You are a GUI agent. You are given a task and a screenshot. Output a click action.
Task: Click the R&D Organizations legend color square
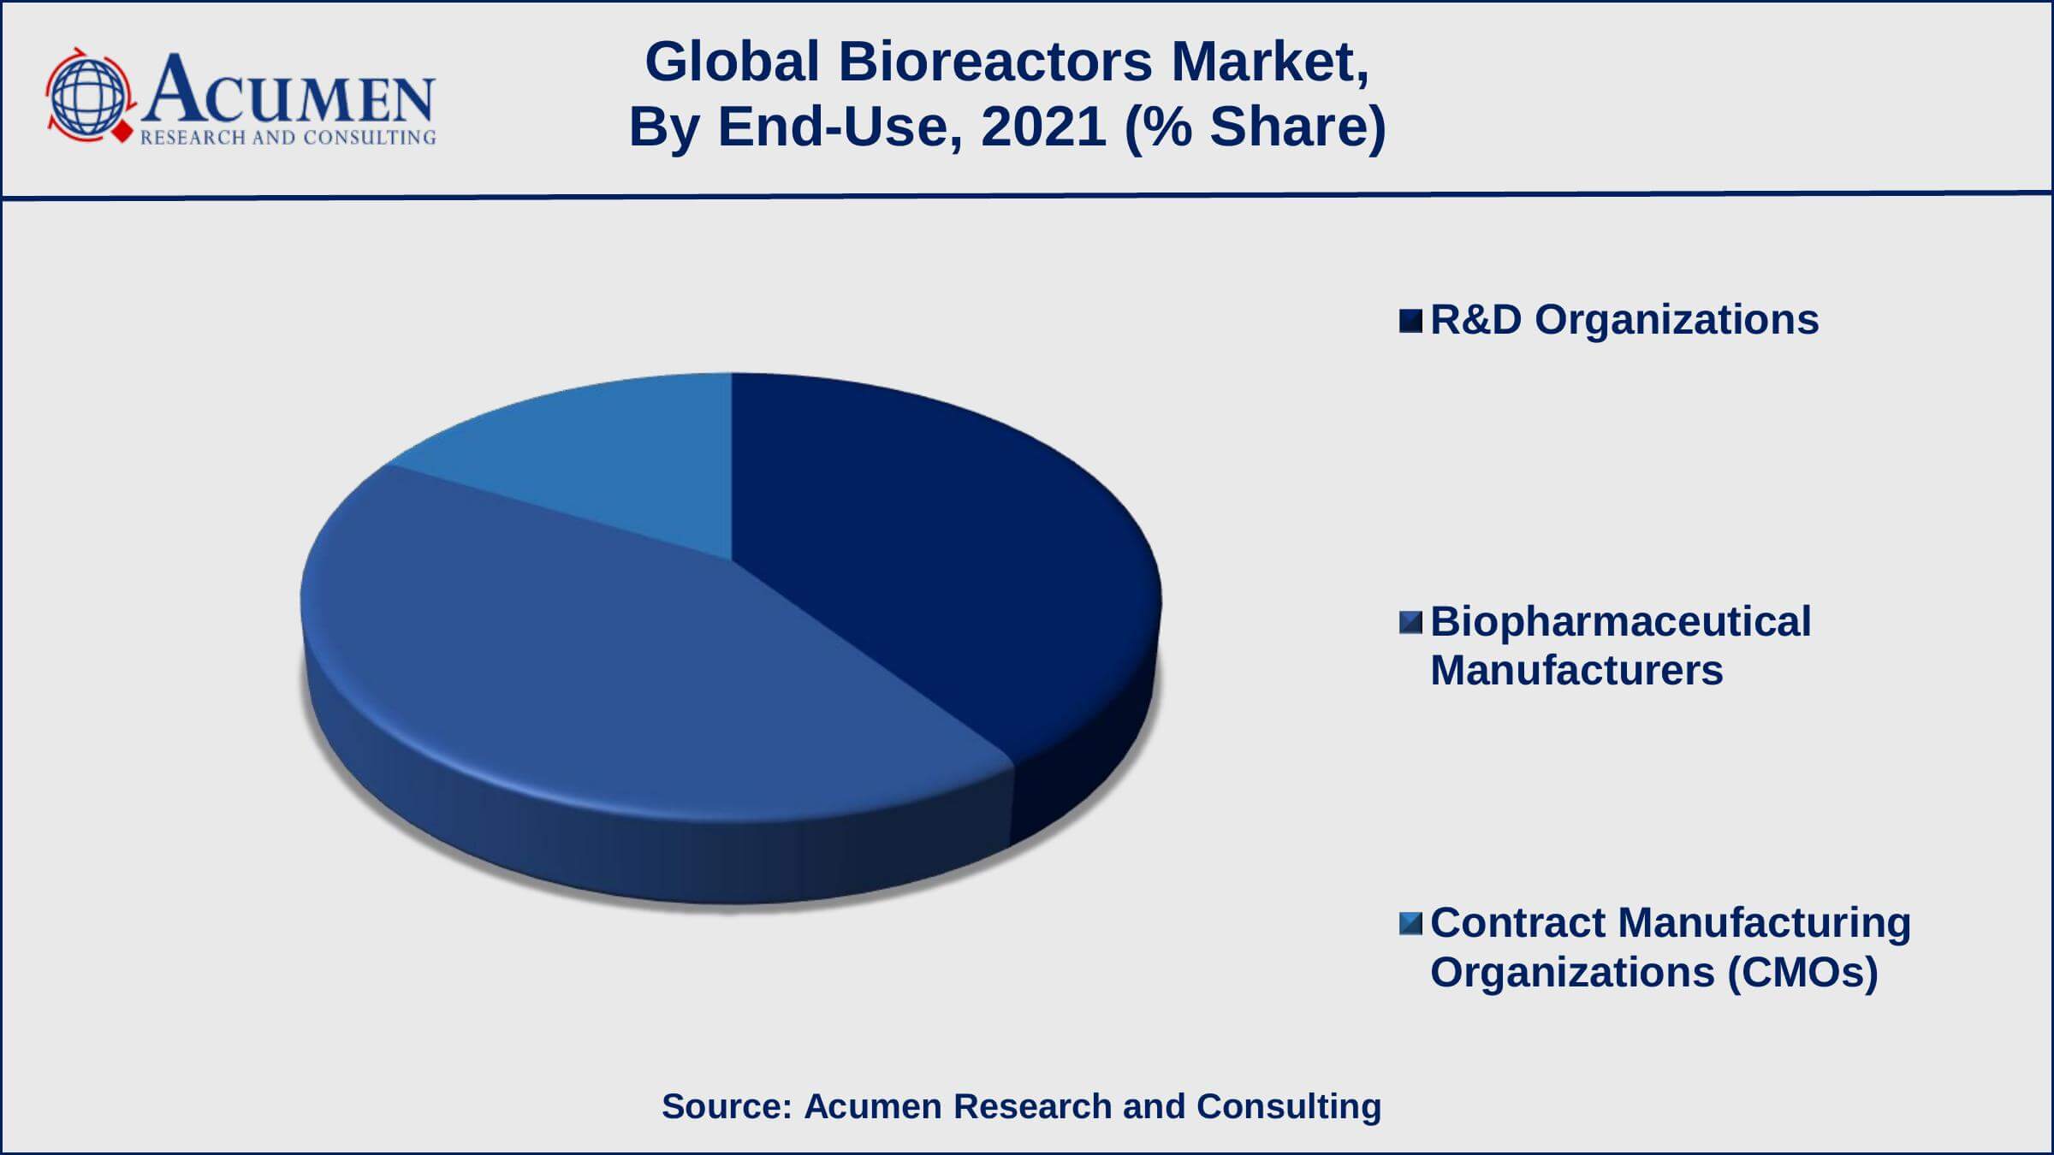tap(1410, 321)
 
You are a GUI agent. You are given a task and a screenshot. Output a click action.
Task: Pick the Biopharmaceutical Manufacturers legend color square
tap(1410, 622)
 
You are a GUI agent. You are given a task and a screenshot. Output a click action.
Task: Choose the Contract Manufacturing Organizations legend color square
tap(1410, 923)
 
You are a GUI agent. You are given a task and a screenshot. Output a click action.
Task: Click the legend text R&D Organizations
tap(1624, 320)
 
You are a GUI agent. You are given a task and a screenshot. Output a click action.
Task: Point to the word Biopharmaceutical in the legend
tap(1621, 622)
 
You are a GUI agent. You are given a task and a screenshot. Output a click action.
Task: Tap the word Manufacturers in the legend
tap(1576, 670)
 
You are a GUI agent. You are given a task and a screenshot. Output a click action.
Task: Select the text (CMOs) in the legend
tap(1802, 973)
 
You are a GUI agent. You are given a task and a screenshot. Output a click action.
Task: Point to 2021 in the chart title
tap(1044, 127)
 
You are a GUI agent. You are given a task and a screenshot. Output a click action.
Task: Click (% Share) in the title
tap(1256, 127)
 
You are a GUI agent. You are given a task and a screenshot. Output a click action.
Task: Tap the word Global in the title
tap(733, 62)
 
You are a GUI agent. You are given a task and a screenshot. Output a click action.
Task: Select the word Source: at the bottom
tap(727, 1106)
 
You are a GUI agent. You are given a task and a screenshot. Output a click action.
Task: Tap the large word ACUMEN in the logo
tap(289, 89)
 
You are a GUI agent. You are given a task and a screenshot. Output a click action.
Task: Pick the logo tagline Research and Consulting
tap(288, 138)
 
